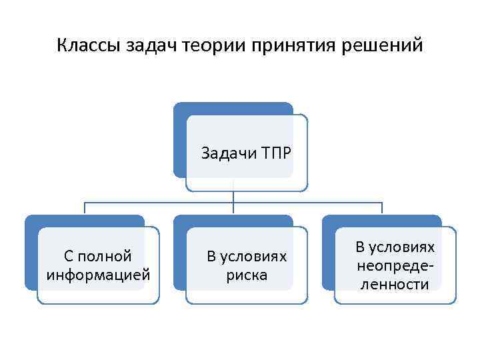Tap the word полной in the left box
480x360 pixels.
tap(106, 256)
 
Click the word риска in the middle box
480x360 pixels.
tap(247, 274)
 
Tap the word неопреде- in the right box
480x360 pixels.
tap(395, 265)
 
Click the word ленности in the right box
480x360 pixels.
tap(395, 284)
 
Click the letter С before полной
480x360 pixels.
tap(69, 256)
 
